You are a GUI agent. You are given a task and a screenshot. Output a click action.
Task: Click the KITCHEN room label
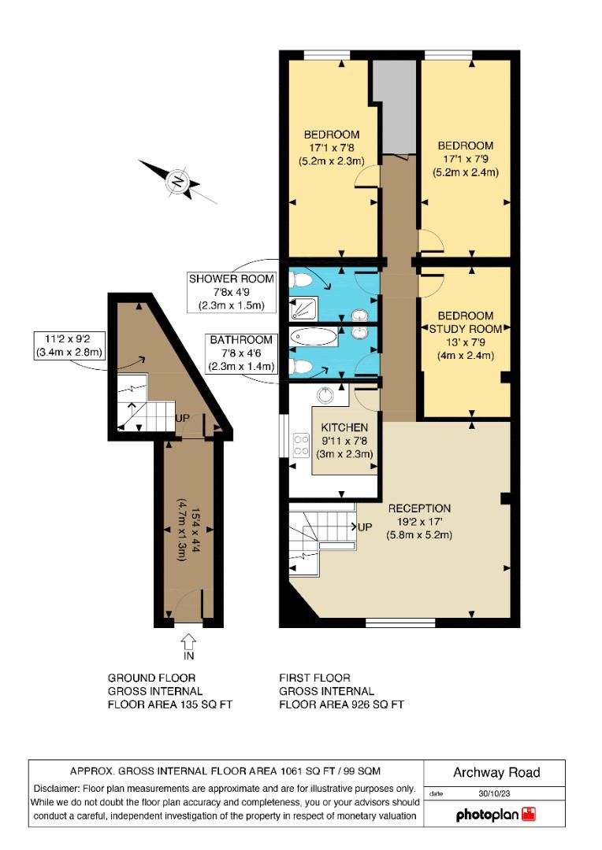coord(344,427)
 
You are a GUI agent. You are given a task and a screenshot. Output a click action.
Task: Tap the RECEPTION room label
coord(419,508)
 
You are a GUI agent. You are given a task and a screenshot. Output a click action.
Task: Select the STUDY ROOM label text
coord(465,329)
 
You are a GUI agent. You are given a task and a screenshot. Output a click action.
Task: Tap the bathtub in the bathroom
coord(314,337)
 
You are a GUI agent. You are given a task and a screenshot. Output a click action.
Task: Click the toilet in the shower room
coord(299,280)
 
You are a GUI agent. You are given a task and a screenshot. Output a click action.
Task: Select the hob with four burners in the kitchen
coord(301,445)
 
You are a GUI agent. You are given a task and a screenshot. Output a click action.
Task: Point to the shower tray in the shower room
coord(303,309)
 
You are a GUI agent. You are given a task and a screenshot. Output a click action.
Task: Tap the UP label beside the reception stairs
coord(366,527)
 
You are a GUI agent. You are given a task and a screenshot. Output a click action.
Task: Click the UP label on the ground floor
coord(182,419)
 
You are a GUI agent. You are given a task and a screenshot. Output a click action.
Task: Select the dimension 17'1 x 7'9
coord(465,159)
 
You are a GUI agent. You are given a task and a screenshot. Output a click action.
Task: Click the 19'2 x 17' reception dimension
coord(419,522)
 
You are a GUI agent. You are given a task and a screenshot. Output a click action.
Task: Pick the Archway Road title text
coord(496,773)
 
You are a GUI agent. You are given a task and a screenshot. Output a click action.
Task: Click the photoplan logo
coord(496,815)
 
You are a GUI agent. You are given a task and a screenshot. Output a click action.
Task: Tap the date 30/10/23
coord(494,793)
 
